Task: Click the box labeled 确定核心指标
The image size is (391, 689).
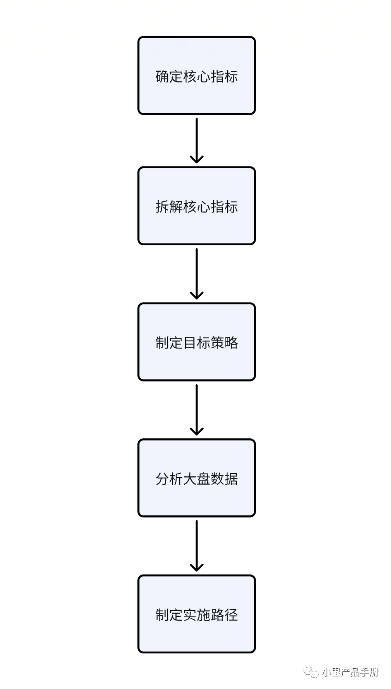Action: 196,76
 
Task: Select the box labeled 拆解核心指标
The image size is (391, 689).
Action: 196,206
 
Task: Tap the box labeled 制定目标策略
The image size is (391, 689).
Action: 196,342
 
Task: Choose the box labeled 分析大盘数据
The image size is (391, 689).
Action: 196,478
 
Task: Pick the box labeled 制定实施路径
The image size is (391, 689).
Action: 196,614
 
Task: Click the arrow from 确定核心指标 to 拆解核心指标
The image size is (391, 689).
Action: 196,141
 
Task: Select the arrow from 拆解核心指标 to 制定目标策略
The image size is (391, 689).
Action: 196,274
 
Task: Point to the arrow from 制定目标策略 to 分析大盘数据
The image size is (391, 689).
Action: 196,410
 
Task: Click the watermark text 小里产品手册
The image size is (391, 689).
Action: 350,672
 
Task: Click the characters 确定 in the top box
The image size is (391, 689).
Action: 169,76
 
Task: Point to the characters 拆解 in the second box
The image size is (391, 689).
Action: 169,206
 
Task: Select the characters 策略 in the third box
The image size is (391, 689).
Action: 224,342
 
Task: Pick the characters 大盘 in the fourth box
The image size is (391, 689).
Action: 196,478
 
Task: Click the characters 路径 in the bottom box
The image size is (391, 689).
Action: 224,615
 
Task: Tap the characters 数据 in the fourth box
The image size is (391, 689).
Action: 224,478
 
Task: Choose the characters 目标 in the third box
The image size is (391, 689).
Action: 196,342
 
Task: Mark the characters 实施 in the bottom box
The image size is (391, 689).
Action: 196,615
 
